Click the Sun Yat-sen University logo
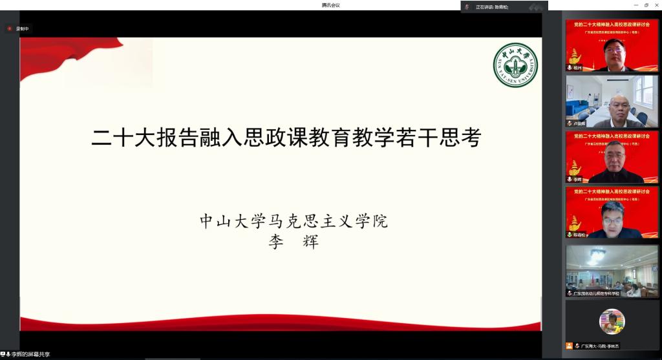pos(515,65)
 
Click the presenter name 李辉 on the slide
pos(294,242)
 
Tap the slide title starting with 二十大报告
pos(286,137)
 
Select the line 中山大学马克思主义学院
pos(294,222)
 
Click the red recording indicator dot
pos(10,28)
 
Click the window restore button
pos(646,5)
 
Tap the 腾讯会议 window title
pos(330,5)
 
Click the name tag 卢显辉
pos(579,123)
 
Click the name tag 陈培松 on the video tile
pos(580,235)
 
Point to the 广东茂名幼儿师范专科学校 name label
pos(596,293)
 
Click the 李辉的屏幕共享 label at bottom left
pos(30,355)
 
